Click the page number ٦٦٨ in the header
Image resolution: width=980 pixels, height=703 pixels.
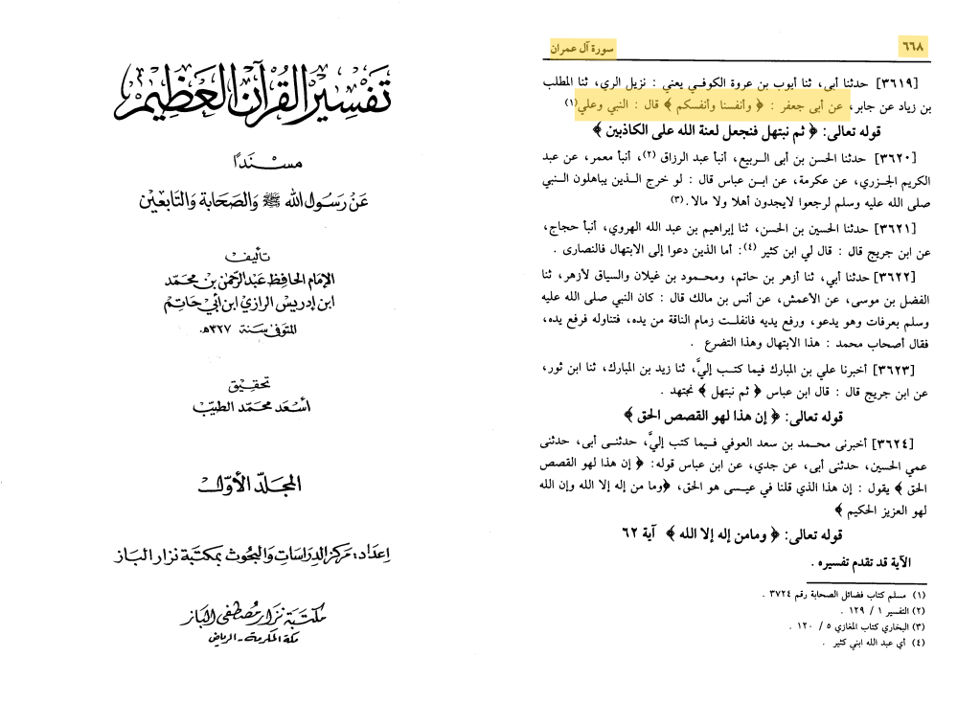click(912, 46)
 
